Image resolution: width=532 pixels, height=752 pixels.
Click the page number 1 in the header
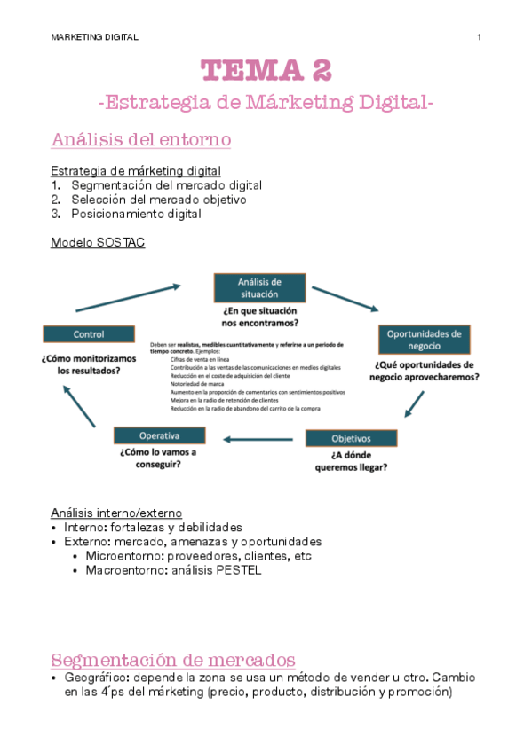(480, 37)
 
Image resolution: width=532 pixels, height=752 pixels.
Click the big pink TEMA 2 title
(266, 69)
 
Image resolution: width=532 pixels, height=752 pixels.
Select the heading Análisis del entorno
(141, 139)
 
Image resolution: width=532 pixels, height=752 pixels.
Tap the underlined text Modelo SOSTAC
(98, 242)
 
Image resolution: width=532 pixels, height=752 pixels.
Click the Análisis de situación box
(259, 287)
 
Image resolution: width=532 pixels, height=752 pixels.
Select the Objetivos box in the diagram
(351, 438)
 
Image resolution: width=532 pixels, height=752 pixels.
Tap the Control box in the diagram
(89, 334)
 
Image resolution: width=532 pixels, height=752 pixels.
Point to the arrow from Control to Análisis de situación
(129, 298)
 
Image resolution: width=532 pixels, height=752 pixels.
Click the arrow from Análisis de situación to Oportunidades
(345, 299)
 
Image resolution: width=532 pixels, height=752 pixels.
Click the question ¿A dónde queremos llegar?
(351, 462)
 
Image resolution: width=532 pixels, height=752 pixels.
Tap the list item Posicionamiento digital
(136, 214)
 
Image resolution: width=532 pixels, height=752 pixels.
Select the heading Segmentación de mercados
(173, 660)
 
